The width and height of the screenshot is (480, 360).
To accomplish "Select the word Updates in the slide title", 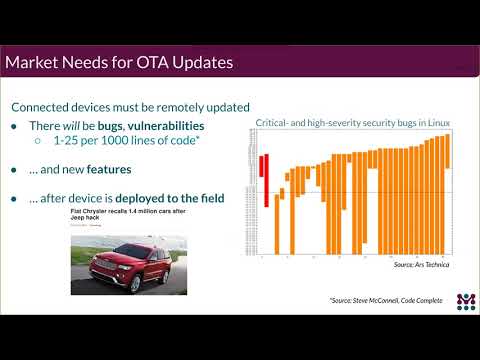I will [x=196, y=63].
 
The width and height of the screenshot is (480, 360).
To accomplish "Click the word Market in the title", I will [x=36, y=63].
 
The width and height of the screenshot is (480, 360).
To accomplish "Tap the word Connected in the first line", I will [x=40, y=107].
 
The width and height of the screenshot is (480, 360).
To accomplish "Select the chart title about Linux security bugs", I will [x=352, y=121].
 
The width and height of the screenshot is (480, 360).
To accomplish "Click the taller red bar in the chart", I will [x=265, y=180].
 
